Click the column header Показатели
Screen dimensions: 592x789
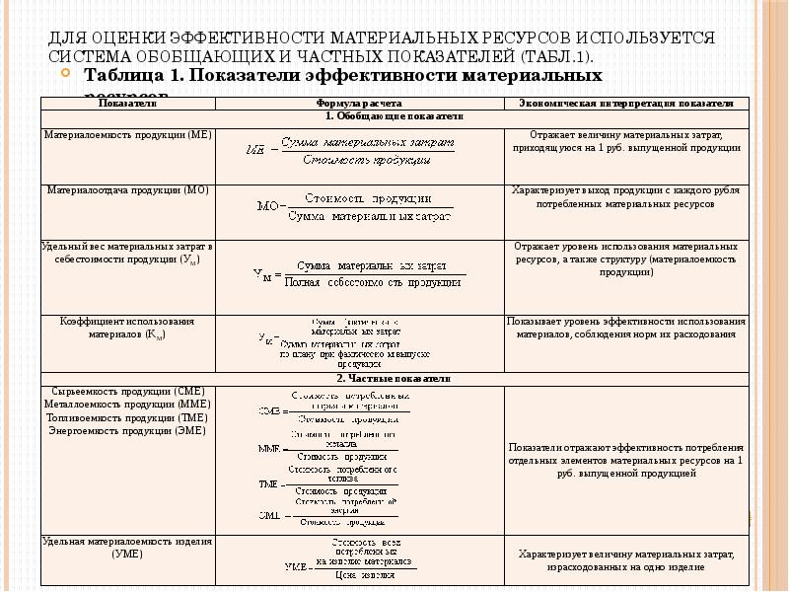click(128, 103)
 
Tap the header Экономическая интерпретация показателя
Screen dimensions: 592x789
click(625, 103)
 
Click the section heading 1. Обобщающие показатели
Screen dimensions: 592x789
click(393, 115)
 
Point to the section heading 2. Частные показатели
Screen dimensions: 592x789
click(393, 378)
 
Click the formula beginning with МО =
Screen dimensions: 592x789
click(355, 208)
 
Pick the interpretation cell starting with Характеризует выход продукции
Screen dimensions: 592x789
click(625, 197)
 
